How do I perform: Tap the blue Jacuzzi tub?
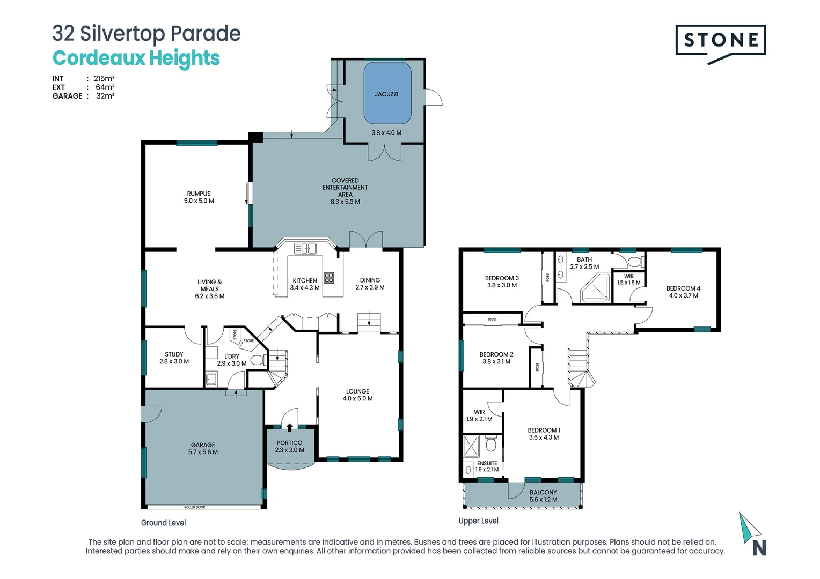point(387,93)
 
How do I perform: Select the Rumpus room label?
point(199,197)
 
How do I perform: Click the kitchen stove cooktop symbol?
point(329,278)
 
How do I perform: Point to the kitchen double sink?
point(305,248)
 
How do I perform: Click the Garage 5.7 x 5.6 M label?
point(203,449)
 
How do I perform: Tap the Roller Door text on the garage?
point(195,507)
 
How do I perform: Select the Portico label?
point(289,447)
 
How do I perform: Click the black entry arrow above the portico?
point(290,427)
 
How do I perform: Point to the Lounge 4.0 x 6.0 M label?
point(357,395)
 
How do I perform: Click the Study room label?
point(174,358)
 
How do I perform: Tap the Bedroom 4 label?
point(683,292)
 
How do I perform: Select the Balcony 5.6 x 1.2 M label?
point(543,496)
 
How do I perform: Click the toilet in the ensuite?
point(490,444)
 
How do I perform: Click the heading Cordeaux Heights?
point(136,58)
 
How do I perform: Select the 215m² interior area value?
point(104,78)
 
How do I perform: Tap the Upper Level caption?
point(478,521)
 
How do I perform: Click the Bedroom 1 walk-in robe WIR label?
point(479,415)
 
